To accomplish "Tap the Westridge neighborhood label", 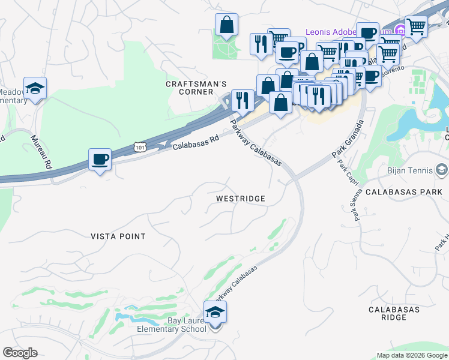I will coord(241,198).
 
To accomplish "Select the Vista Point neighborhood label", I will coord(118,236).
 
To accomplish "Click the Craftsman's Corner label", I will coord(196,88).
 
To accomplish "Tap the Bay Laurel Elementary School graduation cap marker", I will coord(215,313).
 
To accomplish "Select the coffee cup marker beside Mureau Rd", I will coord(100,160).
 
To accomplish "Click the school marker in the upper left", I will coord(35,89).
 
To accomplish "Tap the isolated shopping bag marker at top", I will coord(227,26).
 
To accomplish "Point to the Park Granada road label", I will coord(348,139).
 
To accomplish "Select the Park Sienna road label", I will coord(358,206).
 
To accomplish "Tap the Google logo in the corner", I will coord(20,353).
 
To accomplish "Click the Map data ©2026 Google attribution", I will coord(412,355).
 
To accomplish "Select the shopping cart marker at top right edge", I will coord(416,26).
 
